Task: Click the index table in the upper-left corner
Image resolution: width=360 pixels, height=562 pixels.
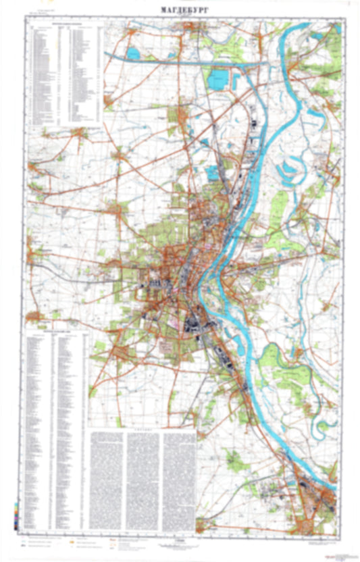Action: tap(64, 74)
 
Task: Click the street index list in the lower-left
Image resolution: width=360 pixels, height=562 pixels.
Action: tap(55, 432)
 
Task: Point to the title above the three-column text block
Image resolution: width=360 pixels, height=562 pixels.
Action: tap(142, 428)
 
